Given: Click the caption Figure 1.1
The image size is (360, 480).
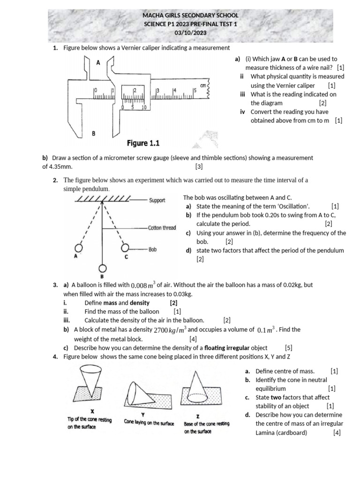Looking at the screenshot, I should (146, 142).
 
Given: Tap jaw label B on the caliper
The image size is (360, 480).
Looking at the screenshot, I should (93, 134).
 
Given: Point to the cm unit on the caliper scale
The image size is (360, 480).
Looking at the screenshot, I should (203, 86).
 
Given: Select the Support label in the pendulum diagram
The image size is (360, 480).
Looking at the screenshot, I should (157, 200).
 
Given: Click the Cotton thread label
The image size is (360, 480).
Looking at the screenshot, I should (162, 228).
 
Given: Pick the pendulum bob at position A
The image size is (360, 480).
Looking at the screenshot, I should (79, 248).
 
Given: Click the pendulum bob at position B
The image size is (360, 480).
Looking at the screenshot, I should (102, 268).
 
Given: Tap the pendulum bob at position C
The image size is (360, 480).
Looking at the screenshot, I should (126, 248).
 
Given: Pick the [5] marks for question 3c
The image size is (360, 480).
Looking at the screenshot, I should (288, 348).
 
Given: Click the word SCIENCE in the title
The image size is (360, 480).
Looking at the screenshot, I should (155, 24).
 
